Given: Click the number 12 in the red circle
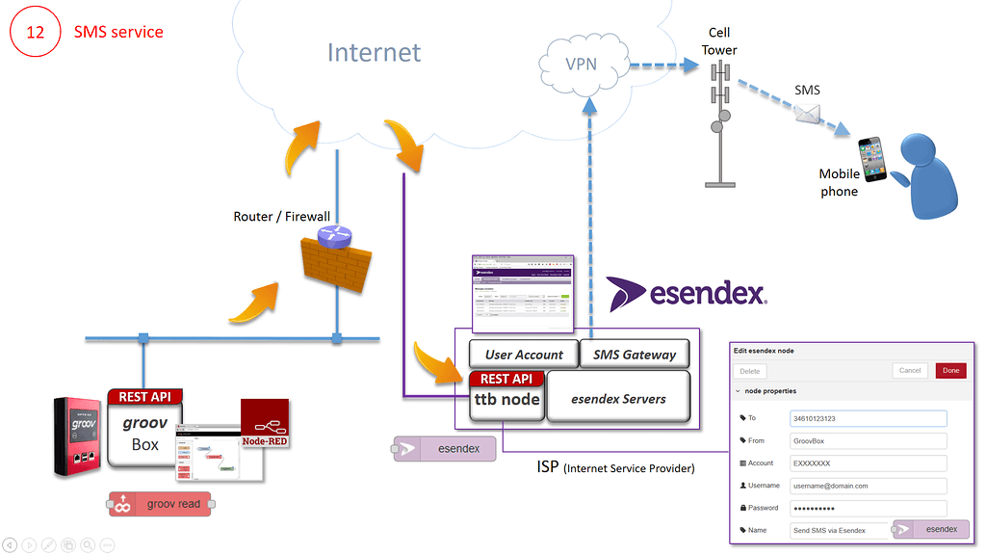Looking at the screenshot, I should pyautogui.click(x=35, y=32).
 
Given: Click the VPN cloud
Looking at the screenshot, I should pyautogui.click(x=581, y=66).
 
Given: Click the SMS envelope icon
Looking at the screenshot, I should pyautogui.click(x=807, y=113).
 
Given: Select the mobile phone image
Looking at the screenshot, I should pyautogui.click(x=873, y=159).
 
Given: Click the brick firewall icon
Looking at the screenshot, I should pyautogui.click(x=332, y=264).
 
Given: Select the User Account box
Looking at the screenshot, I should pyautogui.click(x=524, y=355).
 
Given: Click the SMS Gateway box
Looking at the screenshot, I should pyautogui.click(x=635, y=355).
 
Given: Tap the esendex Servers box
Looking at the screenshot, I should pyautogui.click(x=618, y=398).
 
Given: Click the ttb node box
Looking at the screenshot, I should pyautogui.click(x=507, y=399).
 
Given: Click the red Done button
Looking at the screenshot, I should pyautogui.click(x=950, y=370).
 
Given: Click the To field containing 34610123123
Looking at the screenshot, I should pyautogui.click(x=868, y=418).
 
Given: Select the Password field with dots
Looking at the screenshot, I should pyautogui.click(x=868, y=508).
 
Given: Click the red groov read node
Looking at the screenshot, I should pyautogui.click(x=161, y=504).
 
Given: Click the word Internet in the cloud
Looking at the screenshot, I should pyautogui.click(x=374, y=52).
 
